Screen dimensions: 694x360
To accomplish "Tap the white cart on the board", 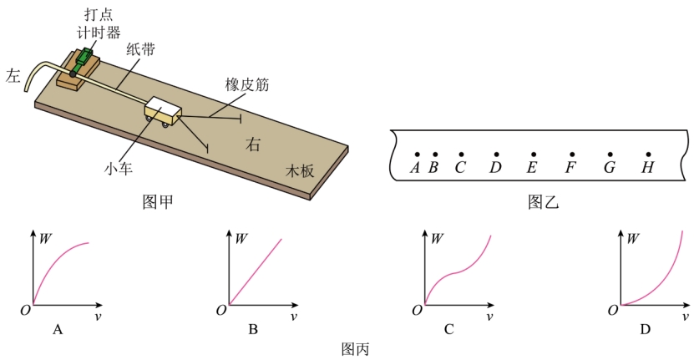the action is click(163, 111).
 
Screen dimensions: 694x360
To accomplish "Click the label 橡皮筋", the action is click(247, 84).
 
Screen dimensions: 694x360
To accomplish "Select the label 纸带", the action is click(140, 48).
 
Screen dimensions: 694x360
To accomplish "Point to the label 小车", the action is click(119, 168).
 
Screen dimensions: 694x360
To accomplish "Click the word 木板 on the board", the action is click(300, 171).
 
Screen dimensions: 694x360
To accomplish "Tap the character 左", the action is click(13, 76).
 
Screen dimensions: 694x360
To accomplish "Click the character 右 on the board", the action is click(253, 145).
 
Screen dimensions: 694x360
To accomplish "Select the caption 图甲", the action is click(158, 201).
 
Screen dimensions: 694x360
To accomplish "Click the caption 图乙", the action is click(544, 201).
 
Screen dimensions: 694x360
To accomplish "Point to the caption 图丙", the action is click(355, 349).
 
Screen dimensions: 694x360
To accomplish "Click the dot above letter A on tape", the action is click(417, 155).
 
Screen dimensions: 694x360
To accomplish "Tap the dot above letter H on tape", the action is click(648, 155).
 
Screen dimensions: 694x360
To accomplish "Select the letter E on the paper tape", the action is click(532, 167).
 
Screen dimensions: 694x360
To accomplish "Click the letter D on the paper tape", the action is click(495, 167).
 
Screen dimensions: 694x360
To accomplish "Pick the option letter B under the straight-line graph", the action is click(253, 329).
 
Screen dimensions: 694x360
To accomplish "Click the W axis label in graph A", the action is click(46, 238).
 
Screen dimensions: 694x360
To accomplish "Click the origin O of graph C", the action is click(417, 311).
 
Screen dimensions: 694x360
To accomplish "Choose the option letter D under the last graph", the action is click(645, 329).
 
